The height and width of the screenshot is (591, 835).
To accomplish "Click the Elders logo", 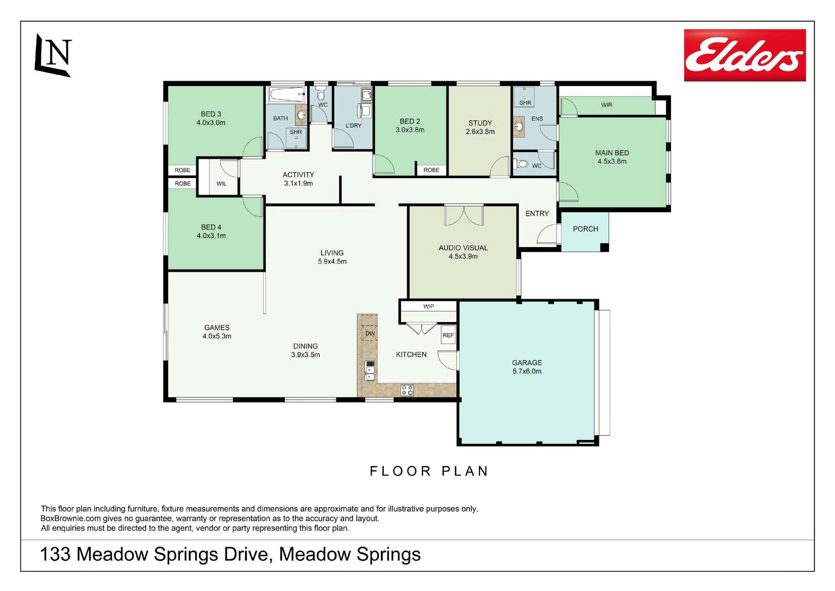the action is coord(745,55).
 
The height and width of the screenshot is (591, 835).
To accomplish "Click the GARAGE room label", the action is coord(527,363).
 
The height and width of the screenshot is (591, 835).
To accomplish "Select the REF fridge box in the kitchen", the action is coord(448,335).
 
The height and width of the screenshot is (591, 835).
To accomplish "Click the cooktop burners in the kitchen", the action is coord(407,390).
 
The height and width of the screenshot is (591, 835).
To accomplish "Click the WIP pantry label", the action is coord(429,306).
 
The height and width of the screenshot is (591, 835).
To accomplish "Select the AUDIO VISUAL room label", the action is coord(463,248).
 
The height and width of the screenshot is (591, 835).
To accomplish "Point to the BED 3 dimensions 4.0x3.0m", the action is coord(211,123).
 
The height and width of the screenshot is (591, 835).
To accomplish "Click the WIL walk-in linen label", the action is coord(221,184).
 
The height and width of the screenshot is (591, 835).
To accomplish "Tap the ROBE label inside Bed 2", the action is coord(431,170).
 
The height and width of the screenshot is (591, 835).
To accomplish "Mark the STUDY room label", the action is coord(480,123).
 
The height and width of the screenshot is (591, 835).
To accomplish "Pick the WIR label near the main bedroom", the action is coord(606,105).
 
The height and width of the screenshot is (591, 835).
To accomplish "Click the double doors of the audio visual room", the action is coord(464,215).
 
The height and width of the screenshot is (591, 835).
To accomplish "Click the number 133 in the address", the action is coord(55,555).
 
